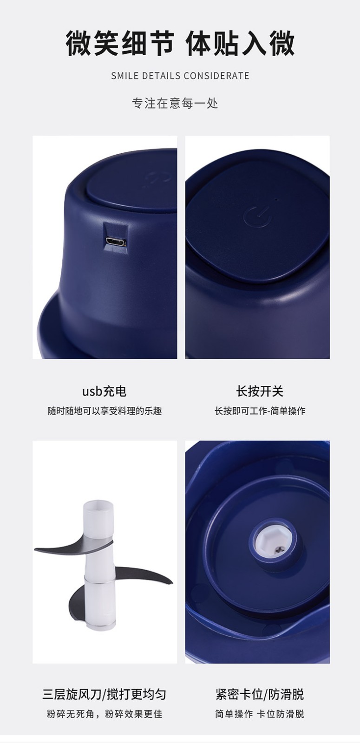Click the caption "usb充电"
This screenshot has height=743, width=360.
coord(104,391)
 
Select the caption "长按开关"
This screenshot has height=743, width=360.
coord(260,391)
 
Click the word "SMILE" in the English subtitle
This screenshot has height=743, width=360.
coord(125,76)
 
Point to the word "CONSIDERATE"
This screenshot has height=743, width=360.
coord(216,76)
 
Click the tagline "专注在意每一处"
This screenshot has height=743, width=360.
coord(175,103)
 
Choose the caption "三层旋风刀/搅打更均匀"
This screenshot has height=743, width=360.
coord(104,694)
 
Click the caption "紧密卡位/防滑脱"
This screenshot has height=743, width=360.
coord(260,694)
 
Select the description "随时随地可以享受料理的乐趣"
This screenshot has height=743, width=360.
coord(104,411)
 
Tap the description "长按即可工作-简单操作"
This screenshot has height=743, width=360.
coord(260,411)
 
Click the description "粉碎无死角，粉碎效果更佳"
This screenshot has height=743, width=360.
coord(104,714)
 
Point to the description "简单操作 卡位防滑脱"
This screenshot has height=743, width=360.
coord(260,714)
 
